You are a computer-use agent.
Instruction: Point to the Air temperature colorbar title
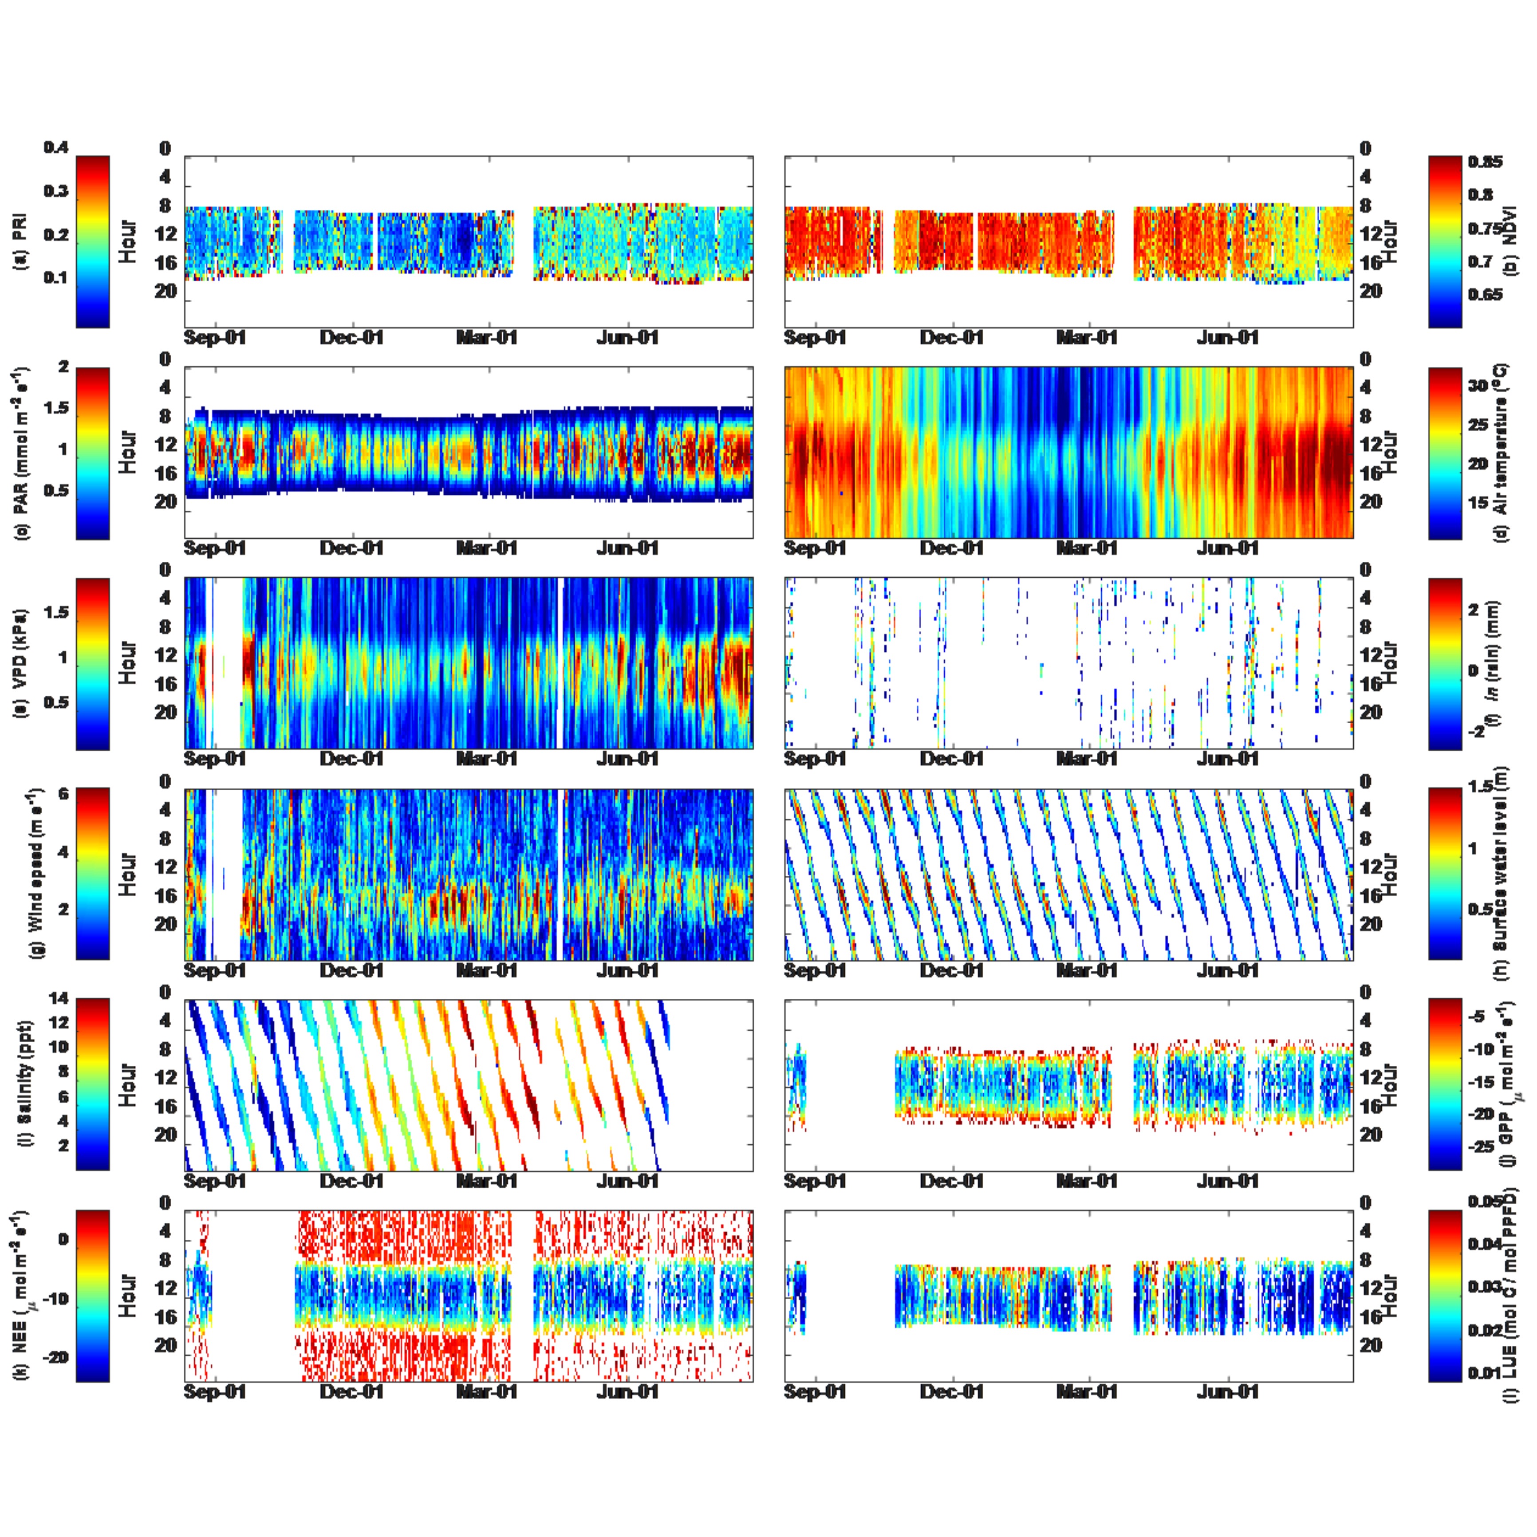pyautogui.click(x=1501, y=451)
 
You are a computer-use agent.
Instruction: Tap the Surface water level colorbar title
pyautogui.click(x=1501, y=874)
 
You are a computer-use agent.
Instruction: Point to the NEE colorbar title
pyautogui.click(x=21, y=1295)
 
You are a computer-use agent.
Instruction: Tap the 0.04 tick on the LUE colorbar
pyautogui.click(x=1485, y=1243)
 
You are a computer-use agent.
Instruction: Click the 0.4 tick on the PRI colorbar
pyautogui.click(x=56, y=148)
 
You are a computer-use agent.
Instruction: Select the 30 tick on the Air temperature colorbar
pyautogui.click(x=1478, y=386)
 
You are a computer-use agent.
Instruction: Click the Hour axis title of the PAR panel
pyautogui.click(x=127, y=452)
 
